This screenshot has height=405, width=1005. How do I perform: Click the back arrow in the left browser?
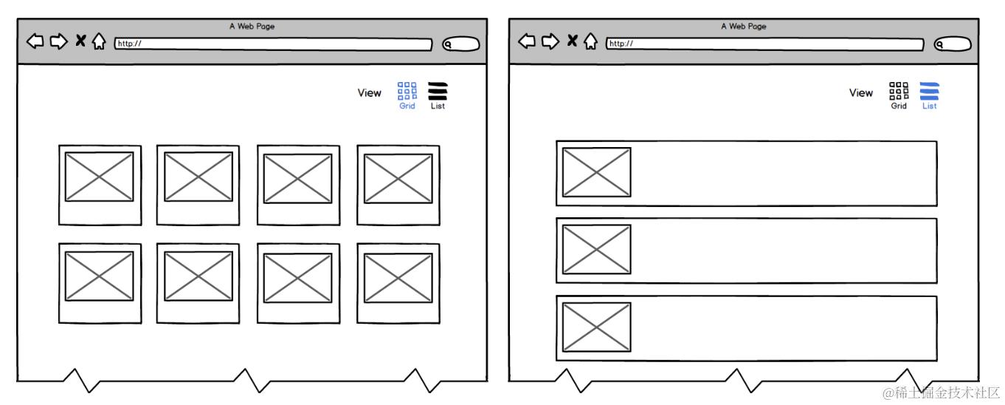point(35,41)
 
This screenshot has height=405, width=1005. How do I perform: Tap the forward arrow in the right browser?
point(550,41)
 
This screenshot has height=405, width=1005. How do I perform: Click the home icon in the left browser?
point(99,41)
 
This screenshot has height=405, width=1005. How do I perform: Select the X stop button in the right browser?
point(572,41)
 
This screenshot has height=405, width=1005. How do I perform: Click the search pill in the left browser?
point(460,44)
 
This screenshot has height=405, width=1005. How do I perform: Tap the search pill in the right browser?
point(953,44)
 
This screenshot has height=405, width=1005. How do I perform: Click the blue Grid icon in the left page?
point(407,91)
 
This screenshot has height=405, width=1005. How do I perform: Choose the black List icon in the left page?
point(438,91)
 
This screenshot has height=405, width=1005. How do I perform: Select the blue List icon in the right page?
point(929,91)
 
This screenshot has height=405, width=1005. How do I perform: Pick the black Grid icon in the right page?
point(899,91)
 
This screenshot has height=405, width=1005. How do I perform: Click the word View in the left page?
point(369,92)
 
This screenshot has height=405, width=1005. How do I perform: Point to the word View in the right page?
point(861,92)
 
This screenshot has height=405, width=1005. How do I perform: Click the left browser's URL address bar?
point(273,44)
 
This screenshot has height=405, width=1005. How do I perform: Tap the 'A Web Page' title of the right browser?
point(744,26)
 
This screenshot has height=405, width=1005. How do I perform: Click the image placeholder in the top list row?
point(597,172)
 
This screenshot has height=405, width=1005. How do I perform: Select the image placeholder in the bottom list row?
point(597,327)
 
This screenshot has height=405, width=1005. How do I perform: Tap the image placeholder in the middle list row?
point(597,250)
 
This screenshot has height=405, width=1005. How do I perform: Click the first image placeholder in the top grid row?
point(99,177)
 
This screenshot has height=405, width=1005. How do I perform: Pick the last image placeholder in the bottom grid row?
point(398,278)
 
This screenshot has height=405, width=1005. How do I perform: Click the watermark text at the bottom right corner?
point(941,393)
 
